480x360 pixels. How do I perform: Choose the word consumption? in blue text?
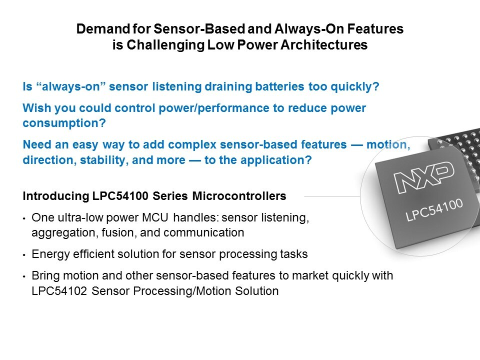64,123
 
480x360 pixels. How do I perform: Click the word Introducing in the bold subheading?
55,196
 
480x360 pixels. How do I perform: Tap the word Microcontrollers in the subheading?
239,196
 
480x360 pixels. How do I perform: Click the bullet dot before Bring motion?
24,276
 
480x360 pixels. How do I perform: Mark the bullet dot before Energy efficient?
24,255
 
